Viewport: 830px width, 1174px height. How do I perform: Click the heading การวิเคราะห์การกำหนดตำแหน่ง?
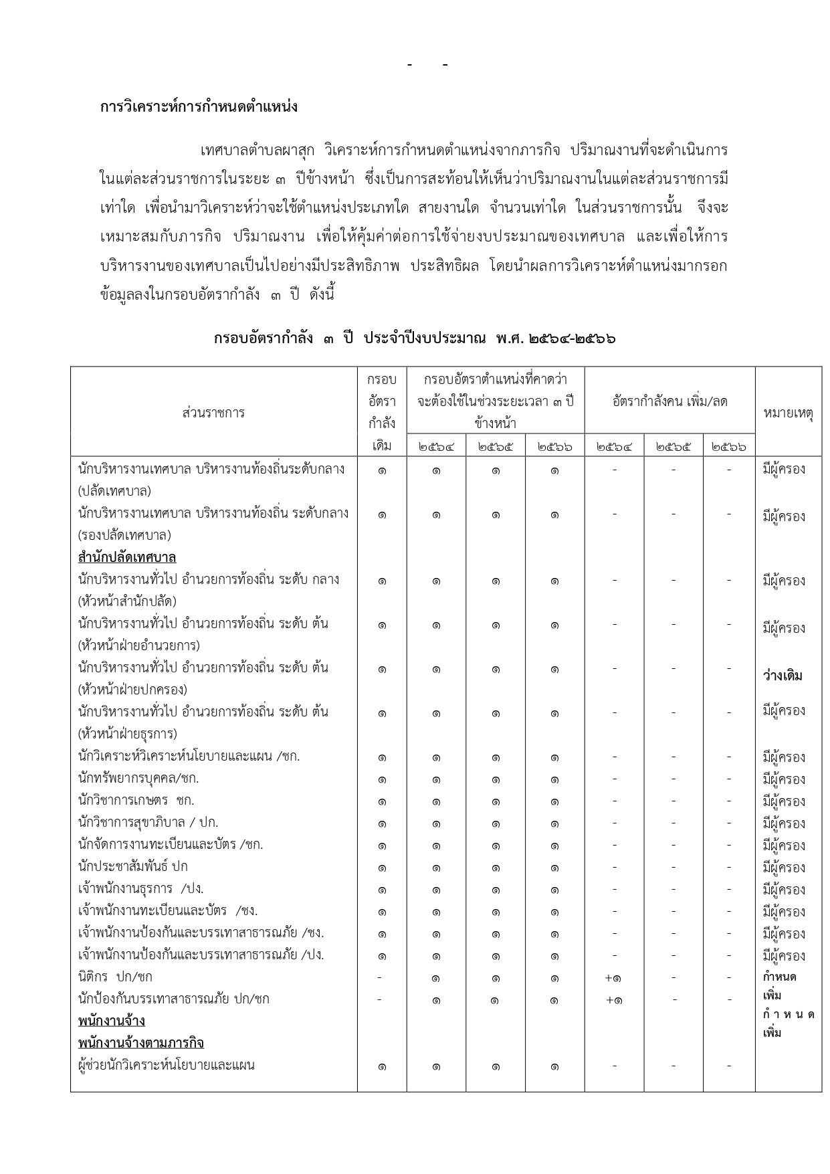click(199, 107)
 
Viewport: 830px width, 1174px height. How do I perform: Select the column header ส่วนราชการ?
click(213, 413)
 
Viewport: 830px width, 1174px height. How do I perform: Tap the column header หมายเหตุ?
click(788, 413)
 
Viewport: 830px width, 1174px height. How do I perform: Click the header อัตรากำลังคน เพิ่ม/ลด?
click(669, 401)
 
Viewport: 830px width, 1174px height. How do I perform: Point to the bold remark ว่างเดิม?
click(783, 676)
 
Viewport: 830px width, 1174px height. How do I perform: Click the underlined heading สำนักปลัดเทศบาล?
click(127, 557)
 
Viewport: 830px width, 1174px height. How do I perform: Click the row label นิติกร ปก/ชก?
click(115, 977)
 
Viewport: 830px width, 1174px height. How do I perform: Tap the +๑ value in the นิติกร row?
click(613, 978)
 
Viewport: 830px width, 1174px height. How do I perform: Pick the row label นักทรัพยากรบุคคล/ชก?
click(138, 778)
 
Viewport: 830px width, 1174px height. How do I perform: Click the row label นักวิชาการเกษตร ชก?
click(136, 800)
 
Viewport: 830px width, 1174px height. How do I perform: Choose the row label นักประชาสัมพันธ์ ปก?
click(133, 866)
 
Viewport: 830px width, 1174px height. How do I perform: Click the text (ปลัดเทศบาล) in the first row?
click(114, 491)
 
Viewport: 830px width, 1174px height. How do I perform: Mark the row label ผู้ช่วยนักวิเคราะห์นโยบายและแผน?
click(167, 1065)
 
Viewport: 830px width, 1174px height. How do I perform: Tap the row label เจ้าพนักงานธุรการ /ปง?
click(141, 888)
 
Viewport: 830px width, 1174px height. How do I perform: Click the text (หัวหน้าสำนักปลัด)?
click(127, 601)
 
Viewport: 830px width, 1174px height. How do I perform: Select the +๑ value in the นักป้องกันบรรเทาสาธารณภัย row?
click(613, 1000)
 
